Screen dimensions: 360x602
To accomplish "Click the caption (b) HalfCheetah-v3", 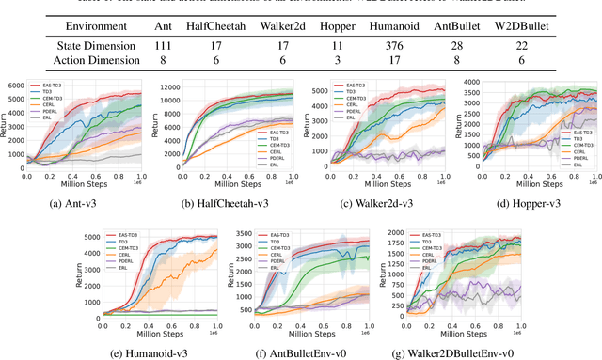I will pos(227,200).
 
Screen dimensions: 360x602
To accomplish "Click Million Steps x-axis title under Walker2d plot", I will pos(376,183).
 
